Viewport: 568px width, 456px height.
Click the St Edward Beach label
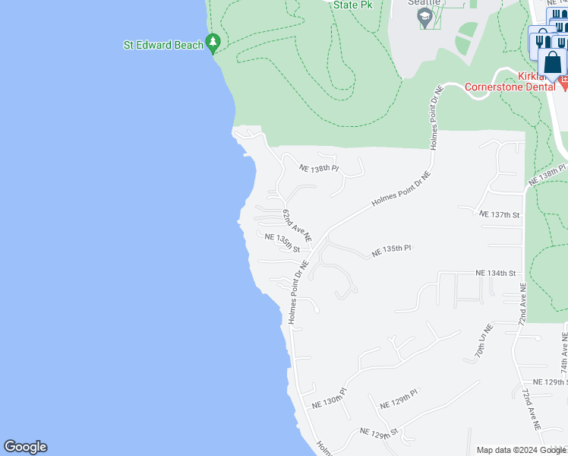(163, 45)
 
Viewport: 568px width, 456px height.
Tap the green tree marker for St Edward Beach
(214, 43)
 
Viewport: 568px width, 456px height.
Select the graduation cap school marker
(426, 17)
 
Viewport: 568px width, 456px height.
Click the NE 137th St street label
(500, 215)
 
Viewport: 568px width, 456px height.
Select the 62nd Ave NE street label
(297, 226)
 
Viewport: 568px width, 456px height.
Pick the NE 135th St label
(282, 242)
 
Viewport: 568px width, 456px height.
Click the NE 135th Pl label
(391, 249)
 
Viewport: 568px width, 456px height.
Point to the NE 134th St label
(495, 273)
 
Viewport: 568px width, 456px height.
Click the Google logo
(25, 447)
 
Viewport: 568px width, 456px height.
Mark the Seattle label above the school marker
(423, 2)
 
